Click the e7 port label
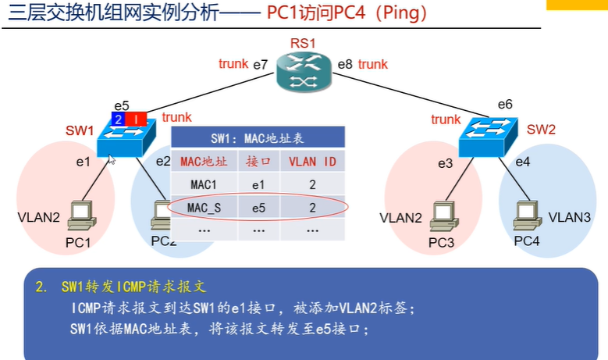tap(261, 64)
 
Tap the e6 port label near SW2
tap(504, 104)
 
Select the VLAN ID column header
tap(312, 162)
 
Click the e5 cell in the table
tap(258, 208)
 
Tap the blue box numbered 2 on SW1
tap(117, 119)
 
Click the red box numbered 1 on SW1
tap(136, 119)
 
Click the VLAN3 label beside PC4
tap(569, 216)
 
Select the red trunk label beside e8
tap(373, 64)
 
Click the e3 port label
tap(445, 163)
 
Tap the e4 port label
tap(522, 162)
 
